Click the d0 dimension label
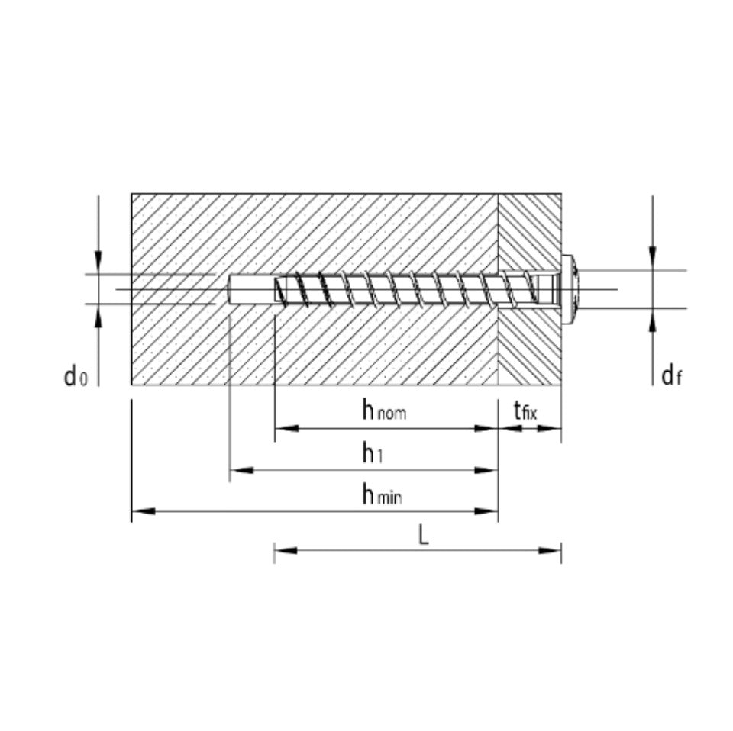coord(76,375)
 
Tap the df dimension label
coord(672,375)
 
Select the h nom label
coord(384,410)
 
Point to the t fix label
coord(525,411)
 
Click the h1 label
coord(373,452)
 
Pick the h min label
coord(382,494)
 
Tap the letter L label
coord(423,535)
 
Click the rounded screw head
coord(570,290)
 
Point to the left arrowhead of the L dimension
coord(286,551)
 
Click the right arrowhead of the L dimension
coord(549,551)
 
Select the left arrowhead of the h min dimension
coord(144,511)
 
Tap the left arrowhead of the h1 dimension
coord(242,470)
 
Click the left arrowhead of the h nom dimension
coord(287,428)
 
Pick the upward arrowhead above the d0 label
coord(98,316)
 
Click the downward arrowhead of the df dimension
coord(653,259)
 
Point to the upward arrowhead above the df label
coord(653,320)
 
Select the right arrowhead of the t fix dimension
coord(549,428)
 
